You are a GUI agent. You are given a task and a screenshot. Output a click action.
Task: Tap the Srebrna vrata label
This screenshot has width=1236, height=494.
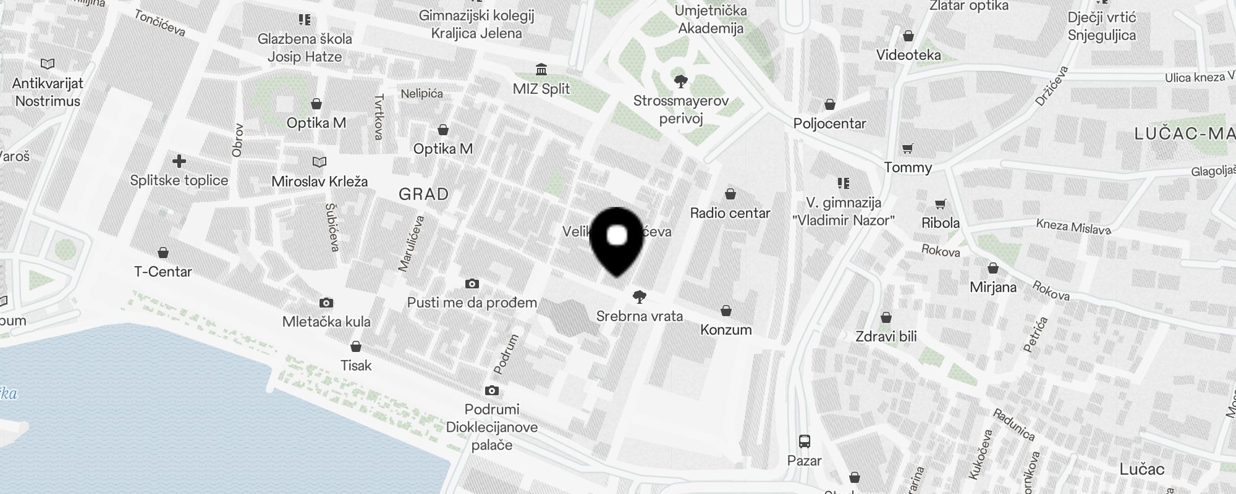point(640,316)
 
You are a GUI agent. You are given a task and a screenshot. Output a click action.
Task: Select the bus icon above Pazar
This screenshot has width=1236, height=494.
point(804,442)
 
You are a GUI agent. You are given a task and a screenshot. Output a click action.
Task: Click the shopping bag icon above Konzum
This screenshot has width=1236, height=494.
point(726,310)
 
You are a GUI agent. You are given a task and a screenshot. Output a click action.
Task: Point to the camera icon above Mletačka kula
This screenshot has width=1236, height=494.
point(326,303)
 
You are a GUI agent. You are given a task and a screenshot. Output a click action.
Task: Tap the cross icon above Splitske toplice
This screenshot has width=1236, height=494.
point(179,162)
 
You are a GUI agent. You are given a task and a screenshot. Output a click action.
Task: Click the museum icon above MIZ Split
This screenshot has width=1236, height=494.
point(541,69)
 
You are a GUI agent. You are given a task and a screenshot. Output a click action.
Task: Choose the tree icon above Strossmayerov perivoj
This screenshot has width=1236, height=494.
point(681,81)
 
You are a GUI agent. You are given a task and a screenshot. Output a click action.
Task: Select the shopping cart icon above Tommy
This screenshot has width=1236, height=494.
point(907,148)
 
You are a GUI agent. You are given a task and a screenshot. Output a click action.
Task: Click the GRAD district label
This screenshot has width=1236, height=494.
point(423,195)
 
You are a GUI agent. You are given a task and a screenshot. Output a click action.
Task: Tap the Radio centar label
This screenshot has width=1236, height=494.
point(730,213)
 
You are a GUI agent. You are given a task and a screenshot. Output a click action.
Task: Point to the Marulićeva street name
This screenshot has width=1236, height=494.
point(412,243)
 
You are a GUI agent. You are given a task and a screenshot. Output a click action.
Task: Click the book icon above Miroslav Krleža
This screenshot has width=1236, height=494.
point(320,162)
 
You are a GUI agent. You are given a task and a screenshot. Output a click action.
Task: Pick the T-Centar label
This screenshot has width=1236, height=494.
point(163,271)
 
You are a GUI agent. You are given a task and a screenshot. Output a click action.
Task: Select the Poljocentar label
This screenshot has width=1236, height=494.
point(829,124)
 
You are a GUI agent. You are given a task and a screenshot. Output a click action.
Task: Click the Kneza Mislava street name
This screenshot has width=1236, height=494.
point(1073,227)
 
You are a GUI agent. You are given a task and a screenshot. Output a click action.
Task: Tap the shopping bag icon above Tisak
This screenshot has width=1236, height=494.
point(356,346)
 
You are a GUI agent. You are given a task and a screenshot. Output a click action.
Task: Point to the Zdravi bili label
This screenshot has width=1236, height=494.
point(886,337)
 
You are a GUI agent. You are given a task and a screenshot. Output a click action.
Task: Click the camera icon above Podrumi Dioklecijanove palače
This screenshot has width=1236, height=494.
point(492,390)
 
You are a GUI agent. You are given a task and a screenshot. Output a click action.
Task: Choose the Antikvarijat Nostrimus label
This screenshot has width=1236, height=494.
point(48,92)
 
